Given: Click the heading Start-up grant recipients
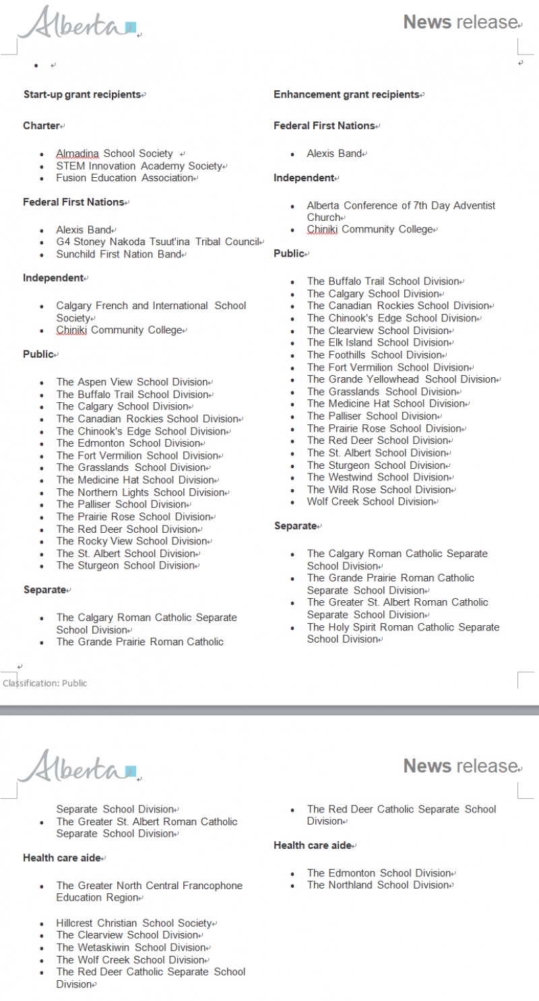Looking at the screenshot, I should [82, 95].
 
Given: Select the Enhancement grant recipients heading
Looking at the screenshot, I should [346, 95].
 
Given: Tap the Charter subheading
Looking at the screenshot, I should [41, 126].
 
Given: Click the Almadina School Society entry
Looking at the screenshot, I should [115, 154].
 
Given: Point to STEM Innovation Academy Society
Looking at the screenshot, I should [139, 166].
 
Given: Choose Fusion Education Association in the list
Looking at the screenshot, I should [125, 178].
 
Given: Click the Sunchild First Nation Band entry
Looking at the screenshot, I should [119, 254].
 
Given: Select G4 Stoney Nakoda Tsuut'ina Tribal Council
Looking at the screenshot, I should [158, 242].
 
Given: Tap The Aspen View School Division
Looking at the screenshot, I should [131, 382].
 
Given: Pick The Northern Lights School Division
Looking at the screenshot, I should [140, 492].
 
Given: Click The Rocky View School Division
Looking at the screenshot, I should [131, 541].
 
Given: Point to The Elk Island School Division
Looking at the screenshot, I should [378, 342].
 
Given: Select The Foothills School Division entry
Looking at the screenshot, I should [375, 355].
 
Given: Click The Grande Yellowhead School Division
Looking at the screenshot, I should [402, 379].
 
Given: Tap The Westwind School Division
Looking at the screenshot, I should [378, 477].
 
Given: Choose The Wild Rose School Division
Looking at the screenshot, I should [379, 490].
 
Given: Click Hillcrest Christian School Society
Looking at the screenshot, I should [133, 923].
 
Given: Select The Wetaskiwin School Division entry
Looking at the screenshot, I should [131, 947].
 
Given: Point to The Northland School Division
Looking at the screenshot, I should [378, 885].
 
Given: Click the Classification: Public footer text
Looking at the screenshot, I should [45, 683].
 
